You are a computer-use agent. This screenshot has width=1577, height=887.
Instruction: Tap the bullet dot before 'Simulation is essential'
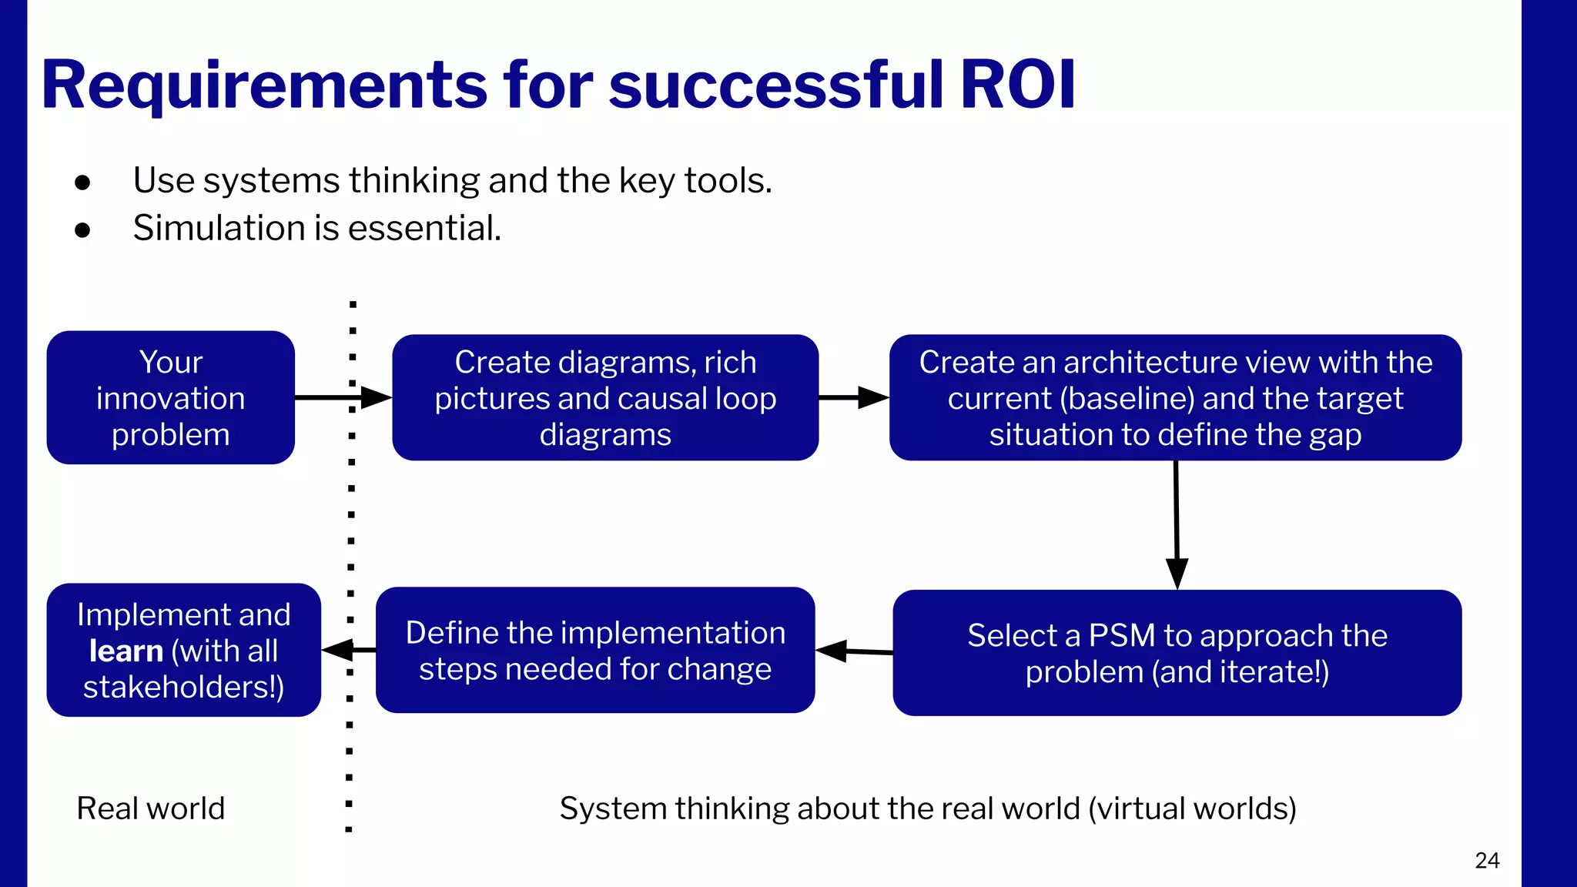tap(83, 229)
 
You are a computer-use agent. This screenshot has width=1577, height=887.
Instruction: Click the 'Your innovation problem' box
tap(170, 397)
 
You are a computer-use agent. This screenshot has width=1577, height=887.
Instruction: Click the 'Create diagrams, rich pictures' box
tap(605, 397)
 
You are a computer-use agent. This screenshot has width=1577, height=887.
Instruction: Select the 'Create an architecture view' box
tap(1175, 397)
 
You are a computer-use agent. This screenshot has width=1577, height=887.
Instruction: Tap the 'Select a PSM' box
tap(1177, 653)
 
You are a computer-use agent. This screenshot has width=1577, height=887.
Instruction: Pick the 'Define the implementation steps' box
tap(594, 650)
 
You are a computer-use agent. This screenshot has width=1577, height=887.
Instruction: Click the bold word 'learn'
tap(126, 651)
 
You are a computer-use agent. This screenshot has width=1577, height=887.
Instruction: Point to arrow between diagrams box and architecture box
tap(853, 397)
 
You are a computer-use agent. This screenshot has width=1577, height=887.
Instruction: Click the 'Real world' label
tap(151, 808)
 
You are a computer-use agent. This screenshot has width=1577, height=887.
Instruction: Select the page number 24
tap(1487, 860)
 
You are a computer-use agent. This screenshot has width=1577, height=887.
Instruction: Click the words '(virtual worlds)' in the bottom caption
tap(1192, 808)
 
